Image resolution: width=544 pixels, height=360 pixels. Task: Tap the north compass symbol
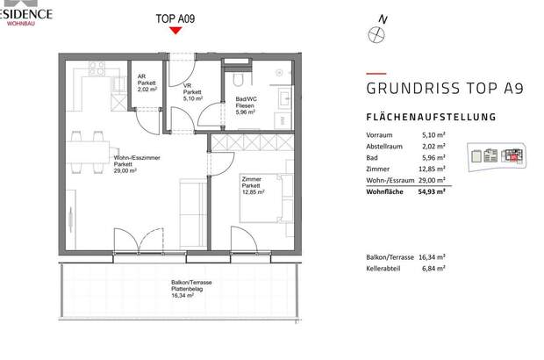377,32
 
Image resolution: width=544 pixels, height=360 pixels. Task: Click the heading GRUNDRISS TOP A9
432,89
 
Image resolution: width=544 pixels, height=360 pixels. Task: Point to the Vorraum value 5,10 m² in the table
433,135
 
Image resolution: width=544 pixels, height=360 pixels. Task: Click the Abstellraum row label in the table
387,146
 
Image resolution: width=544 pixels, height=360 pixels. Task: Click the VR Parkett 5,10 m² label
193,92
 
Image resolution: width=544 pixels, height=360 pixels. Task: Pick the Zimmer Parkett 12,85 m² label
254,186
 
